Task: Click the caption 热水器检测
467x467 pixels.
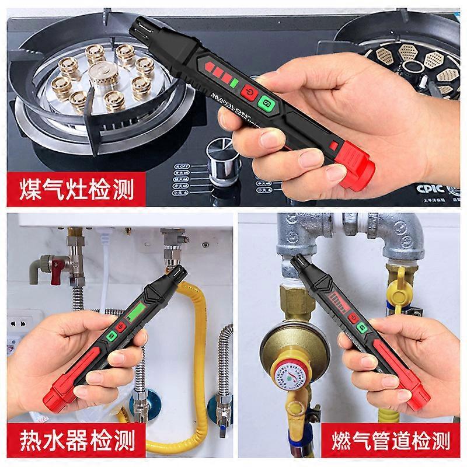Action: (75, 438)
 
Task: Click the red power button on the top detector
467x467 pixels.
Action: (250, 94)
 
